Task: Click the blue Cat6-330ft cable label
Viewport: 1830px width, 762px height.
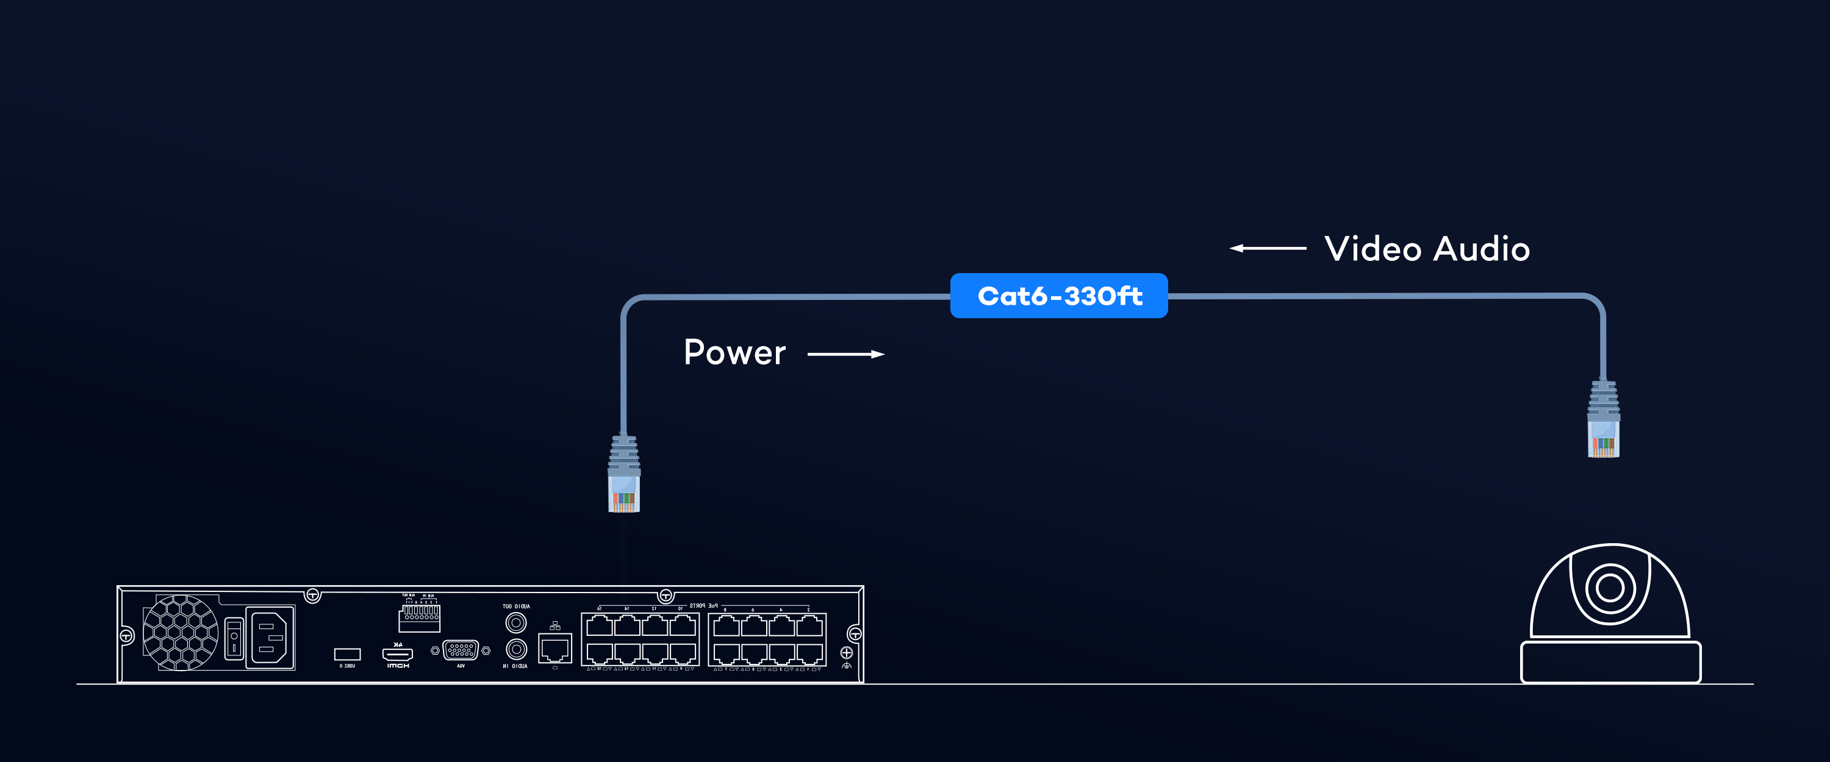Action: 1058,296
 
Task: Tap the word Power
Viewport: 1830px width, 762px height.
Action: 734,352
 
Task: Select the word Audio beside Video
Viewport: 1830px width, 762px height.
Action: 1481,249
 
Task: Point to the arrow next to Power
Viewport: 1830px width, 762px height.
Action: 845,354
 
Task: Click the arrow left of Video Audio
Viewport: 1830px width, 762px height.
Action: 1268,248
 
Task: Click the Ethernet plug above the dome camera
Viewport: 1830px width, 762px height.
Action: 1603,421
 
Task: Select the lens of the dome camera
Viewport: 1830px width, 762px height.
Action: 1609,587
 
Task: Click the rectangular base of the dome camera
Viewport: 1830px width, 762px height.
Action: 1610,662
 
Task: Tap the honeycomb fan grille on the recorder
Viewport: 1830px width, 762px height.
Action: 181,633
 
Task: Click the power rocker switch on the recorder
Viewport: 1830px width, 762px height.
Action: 234,638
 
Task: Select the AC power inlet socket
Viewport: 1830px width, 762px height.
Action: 270,638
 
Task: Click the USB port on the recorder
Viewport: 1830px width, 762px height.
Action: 347,654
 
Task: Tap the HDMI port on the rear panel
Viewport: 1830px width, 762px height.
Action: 397,653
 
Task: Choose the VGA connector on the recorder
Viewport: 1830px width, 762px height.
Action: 461,650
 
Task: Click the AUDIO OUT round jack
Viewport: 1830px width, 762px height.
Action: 515,623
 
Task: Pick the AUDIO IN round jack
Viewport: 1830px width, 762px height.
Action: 515,649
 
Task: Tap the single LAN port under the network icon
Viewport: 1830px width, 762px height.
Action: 555,649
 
